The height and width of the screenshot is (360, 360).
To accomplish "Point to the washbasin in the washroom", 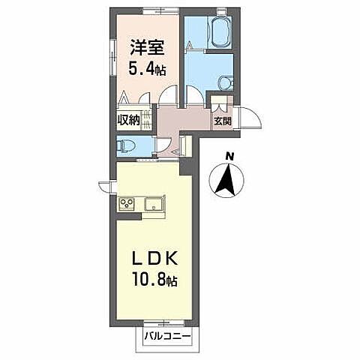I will [224, 84].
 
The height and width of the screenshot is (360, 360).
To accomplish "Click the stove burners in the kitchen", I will [126, 202].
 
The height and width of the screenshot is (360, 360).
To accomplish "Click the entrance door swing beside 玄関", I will [252, 118].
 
